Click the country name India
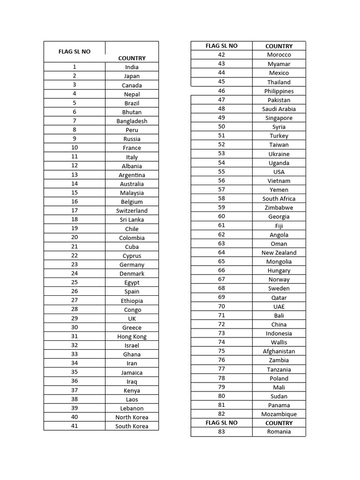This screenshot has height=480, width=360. click(132, 67)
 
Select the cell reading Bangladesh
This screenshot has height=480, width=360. click(132, 121)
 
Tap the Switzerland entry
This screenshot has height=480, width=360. click(132, 211)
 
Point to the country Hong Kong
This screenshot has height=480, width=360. click(132, 337)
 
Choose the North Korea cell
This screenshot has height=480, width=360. click(132, 417)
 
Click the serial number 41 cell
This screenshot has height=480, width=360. click(75, 426)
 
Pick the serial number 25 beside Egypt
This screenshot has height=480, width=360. click(75, 283)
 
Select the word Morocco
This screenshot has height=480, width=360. click(279, 55)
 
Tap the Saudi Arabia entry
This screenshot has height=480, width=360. click(279, 109)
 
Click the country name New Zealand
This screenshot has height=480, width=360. click(279, 253)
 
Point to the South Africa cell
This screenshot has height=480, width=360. click(279, 199)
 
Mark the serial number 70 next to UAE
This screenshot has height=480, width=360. click(222, 307)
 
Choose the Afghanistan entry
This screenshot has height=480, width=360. click(279, 351)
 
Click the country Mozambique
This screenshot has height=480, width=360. click(279, 414)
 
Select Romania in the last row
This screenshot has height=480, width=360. click(279, 432)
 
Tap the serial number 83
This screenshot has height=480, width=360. click(222, 432)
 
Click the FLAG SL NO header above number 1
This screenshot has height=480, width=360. click(75, 52)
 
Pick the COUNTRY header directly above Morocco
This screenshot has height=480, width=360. click(279, 46)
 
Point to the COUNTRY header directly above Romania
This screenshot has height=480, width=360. click(279, 423)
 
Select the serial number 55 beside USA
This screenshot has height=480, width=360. click(222, 172)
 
